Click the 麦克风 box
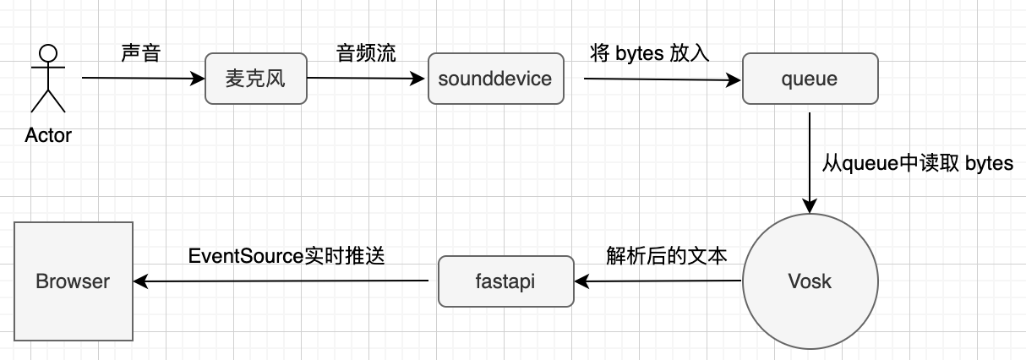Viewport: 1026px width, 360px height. click(x=255, y=79)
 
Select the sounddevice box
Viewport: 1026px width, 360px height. click(x=494, y=79)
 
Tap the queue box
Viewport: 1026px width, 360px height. click(x=810, y=79)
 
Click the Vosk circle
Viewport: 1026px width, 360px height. click(x=810, y=281)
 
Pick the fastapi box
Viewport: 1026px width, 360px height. click(x=505, y=281)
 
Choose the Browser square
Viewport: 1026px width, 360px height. click(x=73, y=281)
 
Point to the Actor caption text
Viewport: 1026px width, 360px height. click(x=48, y=135)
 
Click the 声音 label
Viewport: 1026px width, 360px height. click(x=140, y=52)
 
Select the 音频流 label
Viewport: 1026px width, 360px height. click(x=366, y=52)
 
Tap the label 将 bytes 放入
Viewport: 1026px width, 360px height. click(x=649, y=52)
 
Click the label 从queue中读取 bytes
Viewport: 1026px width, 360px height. click(x=917, y=163)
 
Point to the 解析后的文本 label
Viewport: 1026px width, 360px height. click(x=666, y=255)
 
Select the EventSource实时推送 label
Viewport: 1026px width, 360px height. click(x=287, y=255)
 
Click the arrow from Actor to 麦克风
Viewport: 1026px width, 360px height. click(x=144, y=79)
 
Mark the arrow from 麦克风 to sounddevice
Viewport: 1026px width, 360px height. click(x=365, y=79)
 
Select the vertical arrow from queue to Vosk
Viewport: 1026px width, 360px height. click(x=810, y=161)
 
